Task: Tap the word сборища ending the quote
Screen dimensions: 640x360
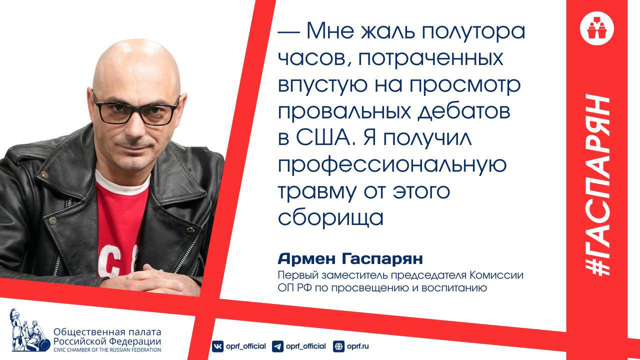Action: click(x=330, y=218)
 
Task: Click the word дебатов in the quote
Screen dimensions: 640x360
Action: click(x=463, y=111)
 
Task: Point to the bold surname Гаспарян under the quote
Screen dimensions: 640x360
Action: click(x=382, y=259)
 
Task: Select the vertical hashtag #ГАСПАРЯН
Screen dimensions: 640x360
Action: click(x=597, y=184)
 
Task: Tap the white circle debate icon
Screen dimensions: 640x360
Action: click(x=597, y=28)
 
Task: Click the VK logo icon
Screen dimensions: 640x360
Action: click(x=217, y=346)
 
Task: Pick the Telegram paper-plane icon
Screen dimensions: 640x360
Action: click(x=277, y=346)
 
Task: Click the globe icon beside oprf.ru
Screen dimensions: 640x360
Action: click(x=338, y=346)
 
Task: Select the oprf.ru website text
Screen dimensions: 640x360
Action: click(x=358, y=346)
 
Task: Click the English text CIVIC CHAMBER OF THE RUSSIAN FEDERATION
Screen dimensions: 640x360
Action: click(x=107, y=349)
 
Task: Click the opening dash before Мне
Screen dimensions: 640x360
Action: click(x=289, y=32)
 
